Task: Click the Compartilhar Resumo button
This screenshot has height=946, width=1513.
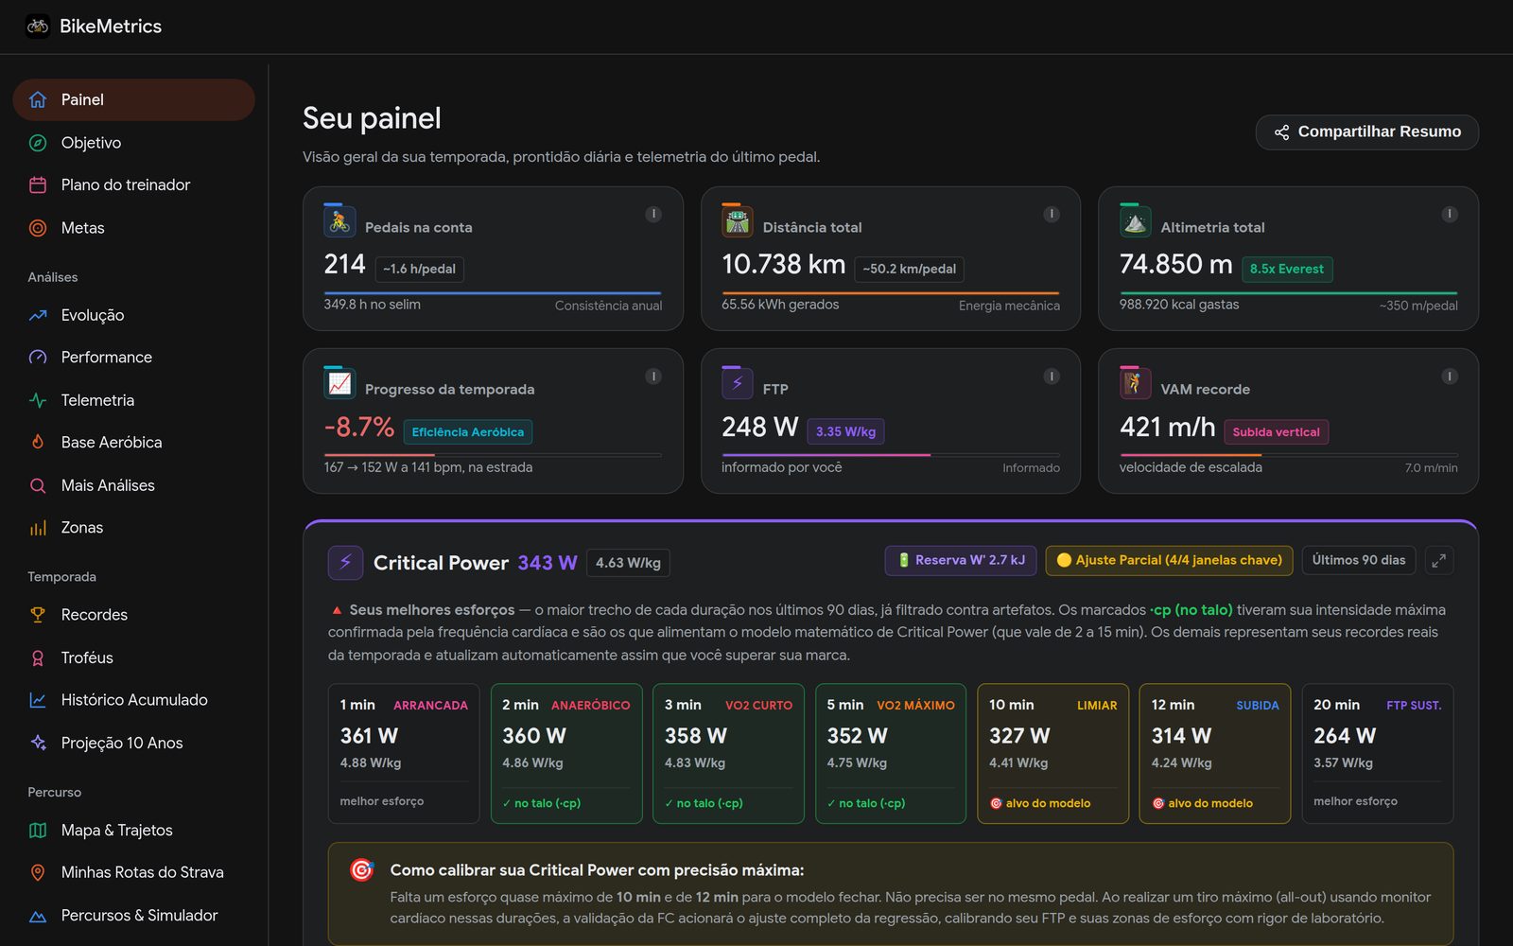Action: tap(1366, 131)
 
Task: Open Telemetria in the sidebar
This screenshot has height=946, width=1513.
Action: tap(97, 400)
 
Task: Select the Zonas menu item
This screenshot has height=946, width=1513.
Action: tap(81, 527)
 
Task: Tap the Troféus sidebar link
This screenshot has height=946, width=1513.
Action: tap(86, 657)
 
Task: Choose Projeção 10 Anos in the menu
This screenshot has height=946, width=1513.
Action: tap(122, 743)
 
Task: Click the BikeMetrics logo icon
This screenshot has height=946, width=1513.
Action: tap(38, 26)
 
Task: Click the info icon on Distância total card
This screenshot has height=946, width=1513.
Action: tap(1051, 214)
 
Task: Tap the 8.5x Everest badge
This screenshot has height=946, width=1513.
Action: tap(1287, 269)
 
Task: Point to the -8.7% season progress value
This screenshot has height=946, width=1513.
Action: tap(358, 427)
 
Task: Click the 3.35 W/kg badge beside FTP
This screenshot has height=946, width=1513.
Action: tap(845, 431)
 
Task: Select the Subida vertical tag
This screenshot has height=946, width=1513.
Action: tap(1276, 432)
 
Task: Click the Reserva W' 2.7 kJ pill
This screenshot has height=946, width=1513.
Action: tap(961, 560)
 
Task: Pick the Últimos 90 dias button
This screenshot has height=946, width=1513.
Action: tap(1358, 560)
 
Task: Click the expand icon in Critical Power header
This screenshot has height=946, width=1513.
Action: tap(1439, 560)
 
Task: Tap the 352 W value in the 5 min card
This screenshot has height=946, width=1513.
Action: tap(857, 735)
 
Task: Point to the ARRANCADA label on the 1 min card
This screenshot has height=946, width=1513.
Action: tap(430, 706)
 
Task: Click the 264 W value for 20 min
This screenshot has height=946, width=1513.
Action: tap(1344, 735)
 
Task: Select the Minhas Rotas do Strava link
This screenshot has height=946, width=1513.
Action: tap(142, 872)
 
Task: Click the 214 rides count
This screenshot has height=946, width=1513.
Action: tap(344, 264)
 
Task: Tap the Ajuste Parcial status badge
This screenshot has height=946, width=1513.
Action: tap(1169, 560)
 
